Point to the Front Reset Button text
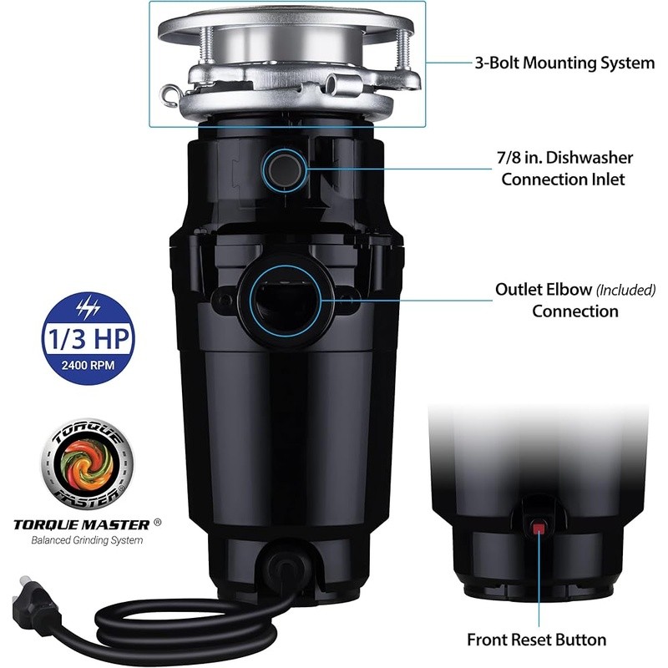(x=536, y=640)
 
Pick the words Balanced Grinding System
(x=87, y=540)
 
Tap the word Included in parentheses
(x=625, y=290)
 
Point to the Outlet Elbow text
(x=543, y=290)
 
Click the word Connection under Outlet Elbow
(x=575, y=311)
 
